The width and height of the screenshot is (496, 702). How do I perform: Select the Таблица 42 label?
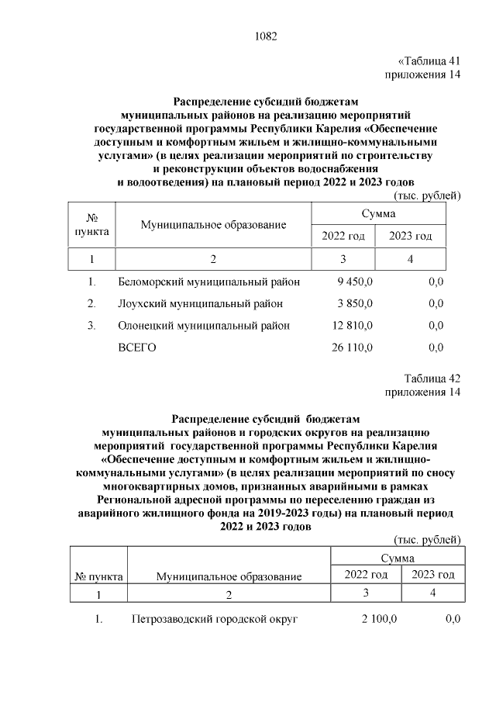click(x=432, y=379)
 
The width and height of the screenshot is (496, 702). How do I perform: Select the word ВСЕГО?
click(x=137, y=348)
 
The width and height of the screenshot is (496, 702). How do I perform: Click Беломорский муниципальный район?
click(x=208, y=282)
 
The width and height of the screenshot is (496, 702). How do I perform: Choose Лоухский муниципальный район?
click(x=200, y=303)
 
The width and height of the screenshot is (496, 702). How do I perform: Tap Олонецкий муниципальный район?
click(x=204, y=325)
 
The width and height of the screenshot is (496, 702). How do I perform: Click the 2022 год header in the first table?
click(x=343, y=236)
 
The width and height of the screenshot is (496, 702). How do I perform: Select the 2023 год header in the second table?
click(x=433, y=575)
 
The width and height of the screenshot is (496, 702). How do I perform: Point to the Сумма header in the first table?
click(x=378, y=213)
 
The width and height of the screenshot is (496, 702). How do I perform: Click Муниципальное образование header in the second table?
click(x=229, y=576)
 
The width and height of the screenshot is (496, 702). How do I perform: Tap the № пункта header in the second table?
click(x=98, y=576)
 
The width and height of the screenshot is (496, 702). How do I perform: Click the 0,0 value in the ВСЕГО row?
click(x=436, y=348)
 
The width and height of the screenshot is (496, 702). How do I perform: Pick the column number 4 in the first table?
click(x=411, y=259)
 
